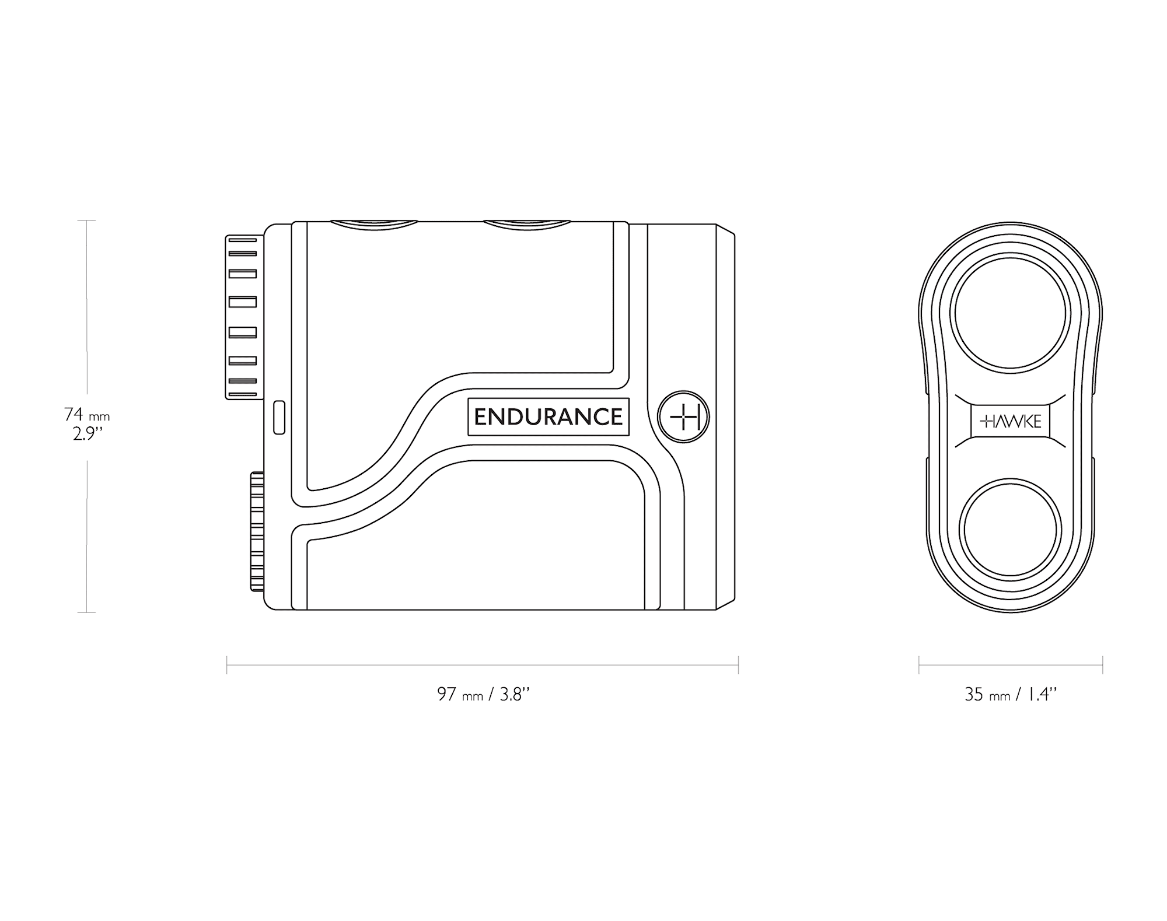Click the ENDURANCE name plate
pyautogui.click(x=548, y=416)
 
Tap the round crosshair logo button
pyautogui.click(x=683, y=417)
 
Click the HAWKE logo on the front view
pyautogui.click(x=1011, y=421)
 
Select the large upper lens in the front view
pyautogui.click(x=1011, y=313)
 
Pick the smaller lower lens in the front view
pyautogui.click(x=1011, y=530)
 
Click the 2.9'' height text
pyautogui.click(x=88, y=434)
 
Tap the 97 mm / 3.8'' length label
pyautogui.click(x=484, y=694)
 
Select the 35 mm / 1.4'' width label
pyautogui.click(x=1011, y=694)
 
